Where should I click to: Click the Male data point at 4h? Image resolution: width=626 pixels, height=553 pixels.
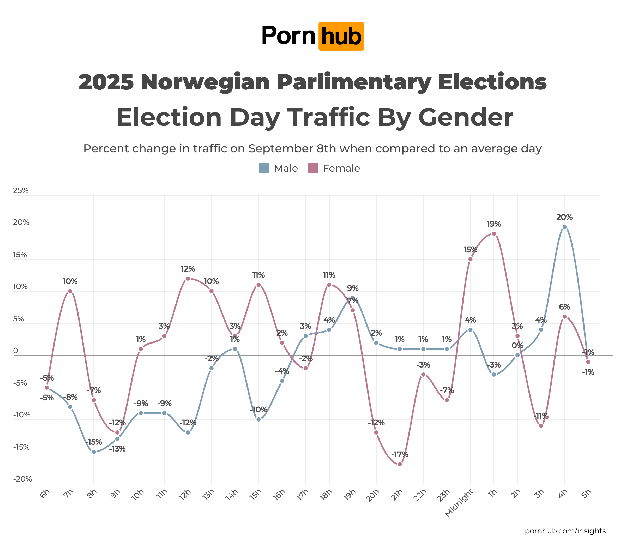pyautogui.click(x=564, y=227)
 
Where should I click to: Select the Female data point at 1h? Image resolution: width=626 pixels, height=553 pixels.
pyautogui.click(x=494, y=234)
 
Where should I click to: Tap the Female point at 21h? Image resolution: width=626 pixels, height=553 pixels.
pyautogui.click(x=400, y=464)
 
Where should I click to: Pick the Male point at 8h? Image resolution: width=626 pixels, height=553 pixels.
pyautogui.click(x=94, y=452)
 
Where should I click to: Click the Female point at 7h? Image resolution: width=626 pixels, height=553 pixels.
pyautogui.click(x=70, y=291)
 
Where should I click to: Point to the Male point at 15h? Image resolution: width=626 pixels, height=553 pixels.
pyautogui.click(x=258, y=419)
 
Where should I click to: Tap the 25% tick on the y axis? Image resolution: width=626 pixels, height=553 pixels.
pyautogui.click(x=21, y=190)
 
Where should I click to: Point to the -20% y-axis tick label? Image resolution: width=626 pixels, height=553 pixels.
pyautogui.click(x=22, y=479)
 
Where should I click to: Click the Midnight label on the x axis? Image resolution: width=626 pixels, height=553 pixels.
pyautogui.click(x=459, y=503)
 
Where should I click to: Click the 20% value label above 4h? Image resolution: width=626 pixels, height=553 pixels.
pyautogui.click(x=564, y=217)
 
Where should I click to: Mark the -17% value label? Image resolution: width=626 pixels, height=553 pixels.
pyautogui.click(x=400, y=454)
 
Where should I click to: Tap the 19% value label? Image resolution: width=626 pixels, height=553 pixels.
pyautogui.click(x=494, y=224)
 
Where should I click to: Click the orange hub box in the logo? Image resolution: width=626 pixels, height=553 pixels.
pyautogui.click(x=341, y=36)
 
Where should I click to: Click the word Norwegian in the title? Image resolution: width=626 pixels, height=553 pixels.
pyautogui.click(x=205, y=82)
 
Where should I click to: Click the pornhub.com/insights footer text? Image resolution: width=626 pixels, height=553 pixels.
pyautogui.click(x=565, y=531)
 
